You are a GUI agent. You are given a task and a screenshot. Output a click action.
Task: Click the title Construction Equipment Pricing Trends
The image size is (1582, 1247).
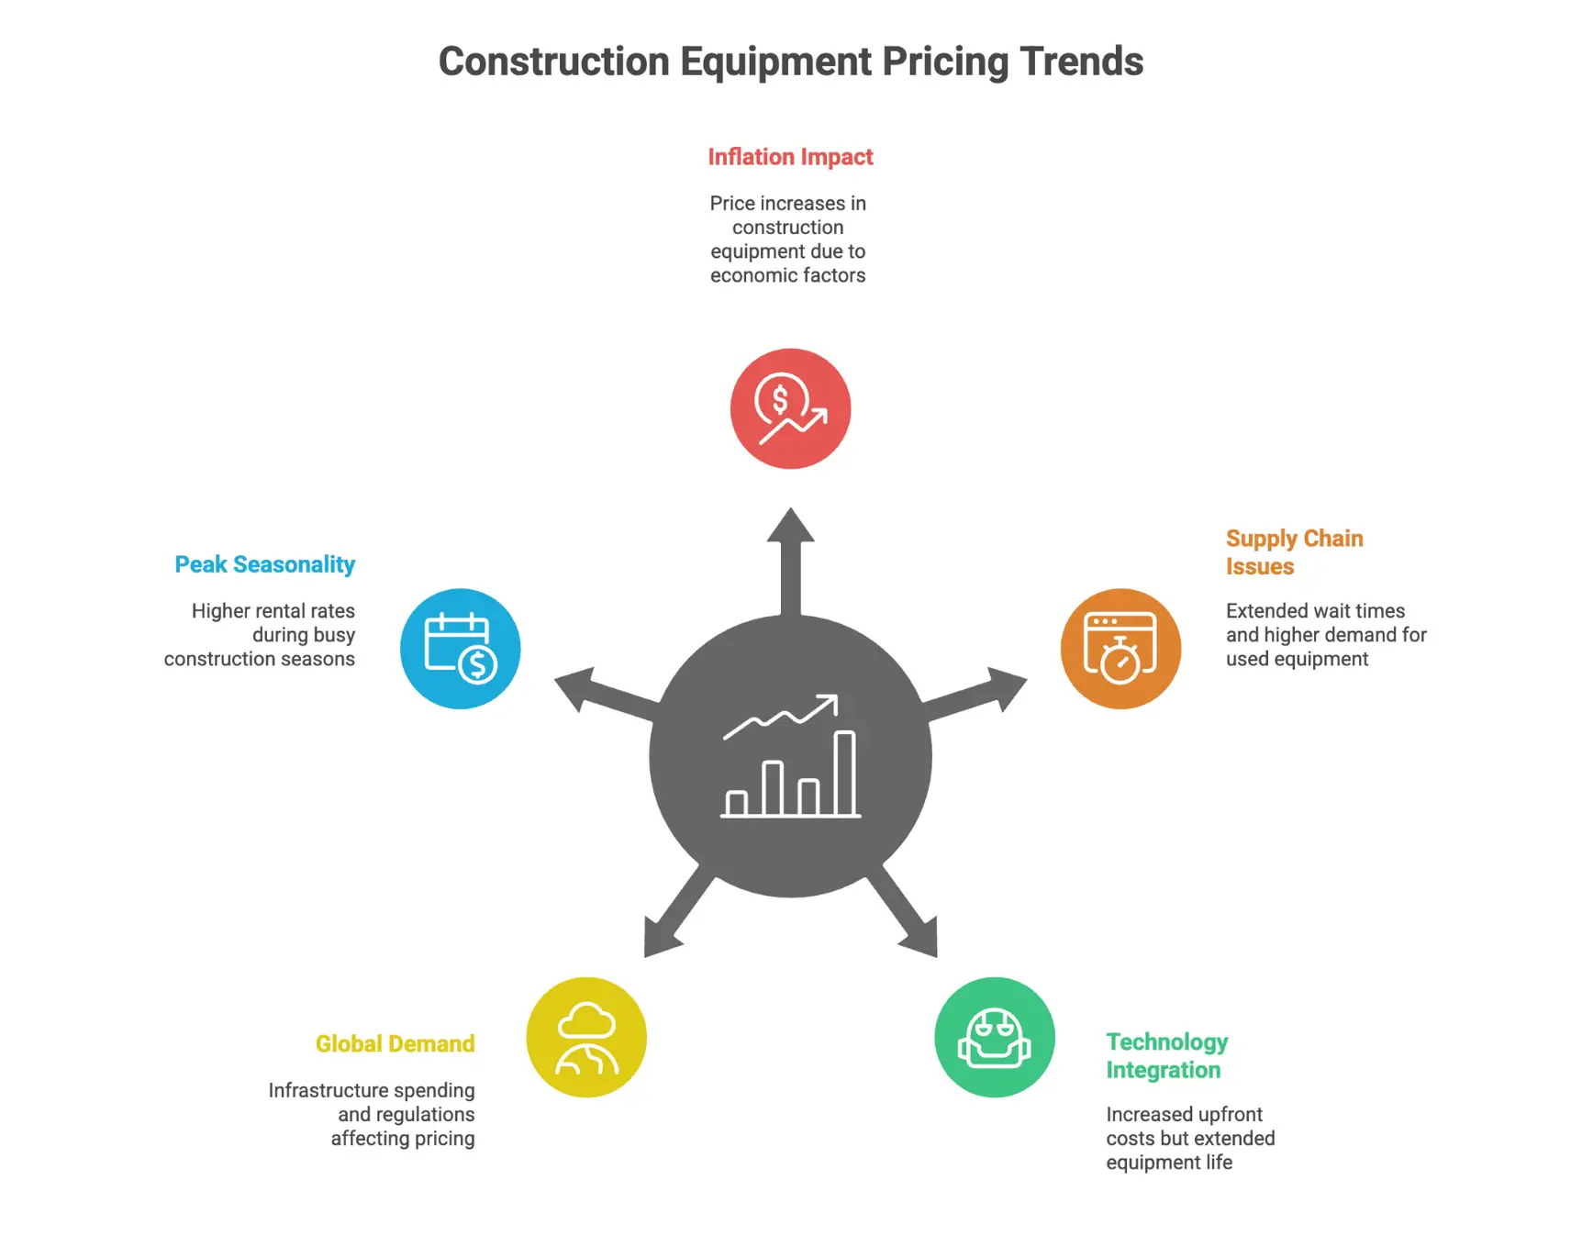click(790, 61)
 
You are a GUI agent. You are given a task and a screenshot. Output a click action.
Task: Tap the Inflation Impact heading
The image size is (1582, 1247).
click(790, 157)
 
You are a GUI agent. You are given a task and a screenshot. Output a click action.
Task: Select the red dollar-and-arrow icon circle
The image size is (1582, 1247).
click(790, 408)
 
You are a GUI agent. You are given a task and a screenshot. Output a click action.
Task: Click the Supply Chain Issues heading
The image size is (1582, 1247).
click(1294, 552)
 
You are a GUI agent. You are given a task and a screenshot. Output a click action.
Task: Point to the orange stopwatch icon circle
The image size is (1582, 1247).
click(1120, 649)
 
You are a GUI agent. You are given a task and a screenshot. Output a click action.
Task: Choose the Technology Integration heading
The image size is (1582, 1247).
click(1166, 1056)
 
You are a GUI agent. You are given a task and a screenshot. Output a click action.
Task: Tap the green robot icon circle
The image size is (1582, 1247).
click(995, 1037)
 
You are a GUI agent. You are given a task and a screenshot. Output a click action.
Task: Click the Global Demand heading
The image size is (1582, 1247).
click(395, 1044)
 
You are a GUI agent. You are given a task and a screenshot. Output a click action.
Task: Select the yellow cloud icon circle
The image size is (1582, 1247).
click(586, 1037)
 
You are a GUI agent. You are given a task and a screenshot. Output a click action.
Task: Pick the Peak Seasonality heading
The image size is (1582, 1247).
click(264, 564)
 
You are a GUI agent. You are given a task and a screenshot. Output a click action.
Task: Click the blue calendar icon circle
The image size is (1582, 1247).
click(460, 649)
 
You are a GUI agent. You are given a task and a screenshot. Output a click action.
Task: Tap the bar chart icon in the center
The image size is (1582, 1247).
click(790, 758)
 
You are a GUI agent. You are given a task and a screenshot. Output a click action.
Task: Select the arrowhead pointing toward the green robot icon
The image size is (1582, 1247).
click(920, 936)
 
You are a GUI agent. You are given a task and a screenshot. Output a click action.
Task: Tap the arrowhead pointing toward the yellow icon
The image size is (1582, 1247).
click(660, 936)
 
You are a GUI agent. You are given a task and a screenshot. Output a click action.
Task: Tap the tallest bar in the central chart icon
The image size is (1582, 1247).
click(845, 774)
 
